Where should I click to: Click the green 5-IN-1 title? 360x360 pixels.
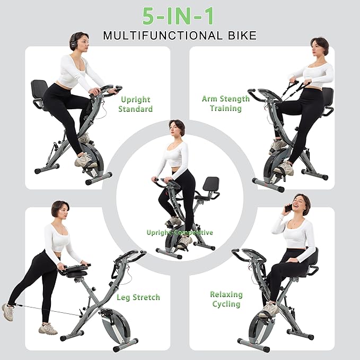(180, 16)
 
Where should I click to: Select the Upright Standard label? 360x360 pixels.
(136, 104)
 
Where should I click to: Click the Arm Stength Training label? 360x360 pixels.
(225, 103)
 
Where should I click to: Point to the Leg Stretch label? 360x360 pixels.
(138, 297)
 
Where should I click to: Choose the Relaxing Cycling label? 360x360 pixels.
(226, 299)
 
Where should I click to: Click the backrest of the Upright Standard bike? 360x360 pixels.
(39, 89)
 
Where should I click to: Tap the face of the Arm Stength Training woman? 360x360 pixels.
(317, 48)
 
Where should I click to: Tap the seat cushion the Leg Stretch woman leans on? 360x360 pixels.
(74, 270)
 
